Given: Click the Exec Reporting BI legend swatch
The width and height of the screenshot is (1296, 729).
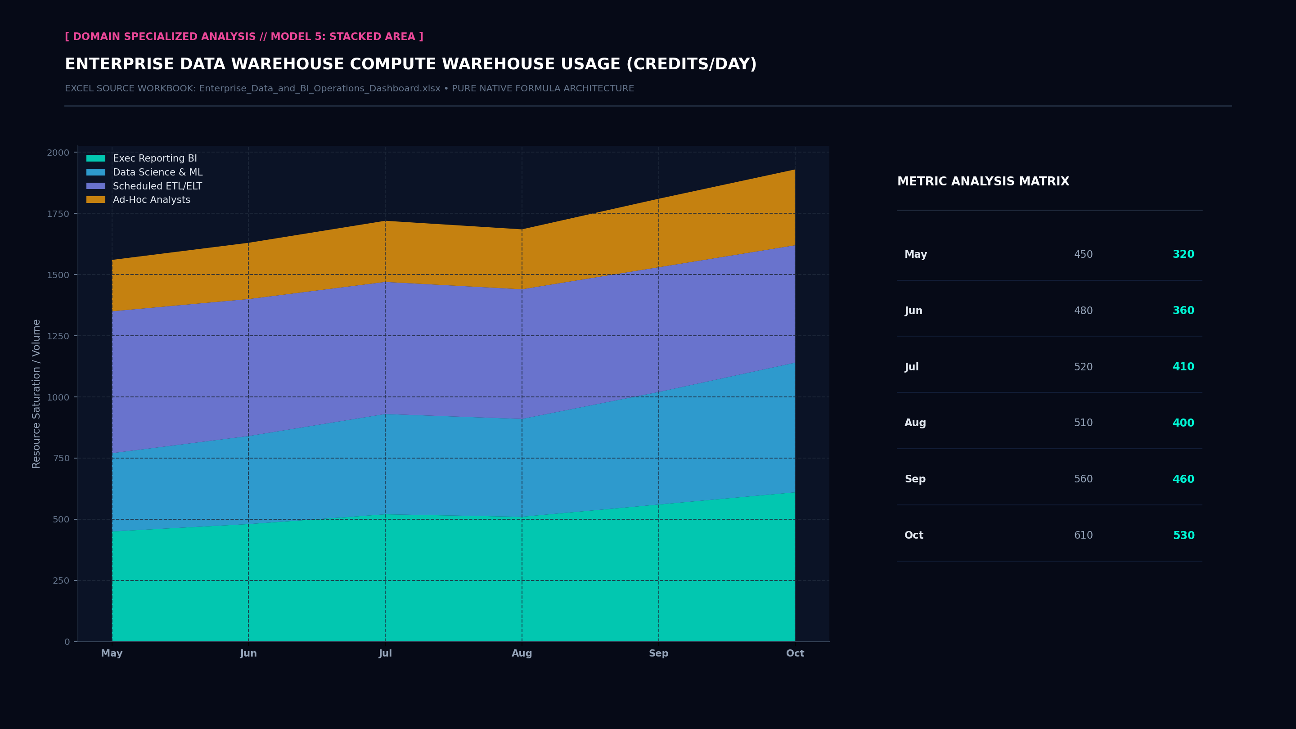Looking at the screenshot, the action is pos(95,158).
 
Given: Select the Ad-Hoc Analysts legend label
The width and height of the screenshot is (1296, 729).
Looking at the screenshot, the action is pos(152,200).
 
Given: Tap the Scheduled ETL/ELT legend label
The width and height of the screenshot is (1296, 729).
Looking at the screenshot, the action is pos(157,186).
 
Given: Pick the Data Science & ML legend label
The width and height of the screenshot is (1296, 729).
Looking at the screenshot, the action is pos(157,172).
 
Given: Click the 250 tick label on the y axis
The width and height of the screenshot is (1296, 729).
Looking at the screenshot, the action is pos(61,580).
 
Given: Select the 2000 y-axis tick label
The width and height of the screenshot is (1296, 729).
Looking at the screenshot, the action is pos(58,153).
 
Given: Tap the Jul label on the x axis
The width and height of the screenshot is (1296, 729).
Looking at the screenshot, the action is pos(385,653).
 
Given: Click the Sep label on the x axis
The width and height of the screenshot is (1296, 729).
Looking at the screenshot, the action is pos(658,653).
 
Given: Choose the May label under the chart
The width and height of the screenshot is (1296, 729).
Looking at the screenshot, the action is pos(112,653).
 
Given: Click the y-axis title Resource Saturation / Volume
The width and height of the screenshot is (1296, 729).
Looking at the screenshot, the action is pos(36,394).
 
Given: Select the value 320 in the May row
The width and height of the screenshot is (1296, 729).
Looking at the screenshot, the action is pos(1183,255).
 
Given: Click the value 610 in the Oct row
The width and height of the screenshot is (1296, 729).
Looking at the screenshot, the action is pos(1083,535).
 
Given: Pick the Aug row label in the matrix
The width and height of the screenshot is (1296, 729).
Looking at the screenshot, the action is pos(915,423).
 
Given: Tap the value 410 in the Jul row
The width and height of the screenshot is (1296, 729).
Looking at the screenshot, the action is pos(1183,367).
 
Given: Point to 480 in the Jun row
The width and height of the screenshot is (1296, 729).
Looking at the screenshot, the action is pos(1083,311).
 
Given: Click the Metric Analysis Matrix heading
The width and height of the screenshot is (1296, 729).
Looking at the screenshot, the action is pos(983,182).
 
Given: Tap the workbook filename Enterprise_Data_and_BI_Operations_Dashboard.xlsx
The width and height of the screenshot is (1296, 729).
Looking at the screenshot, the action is pos(319,89).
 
